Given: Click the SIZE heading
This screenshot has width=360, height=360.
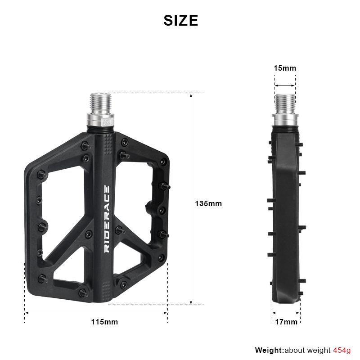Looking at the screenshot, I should point(180,21).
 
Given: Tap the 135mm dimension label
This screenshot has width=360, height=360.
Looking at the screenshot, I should point(208,203).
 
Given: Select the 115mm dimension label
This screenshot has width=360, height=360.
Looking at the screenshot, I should point(104,322).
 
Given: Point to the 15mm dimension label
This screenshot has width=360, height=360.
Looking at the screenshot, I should point(285,68).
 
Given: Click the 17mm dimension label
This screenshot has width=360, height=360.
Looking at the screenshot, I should point(286,322).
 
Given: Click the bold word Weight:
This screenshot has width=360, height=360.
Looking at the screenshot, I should point(270,350).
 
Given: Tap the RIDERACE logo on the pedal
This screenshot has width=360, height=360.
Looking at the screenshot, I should point(107,219).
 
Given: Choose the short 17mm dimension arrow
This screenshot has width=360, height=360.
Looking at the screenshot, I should point(286,312).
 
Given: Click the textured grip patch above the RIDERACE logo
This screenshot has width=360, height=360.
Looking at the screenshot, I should point(106,146).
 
